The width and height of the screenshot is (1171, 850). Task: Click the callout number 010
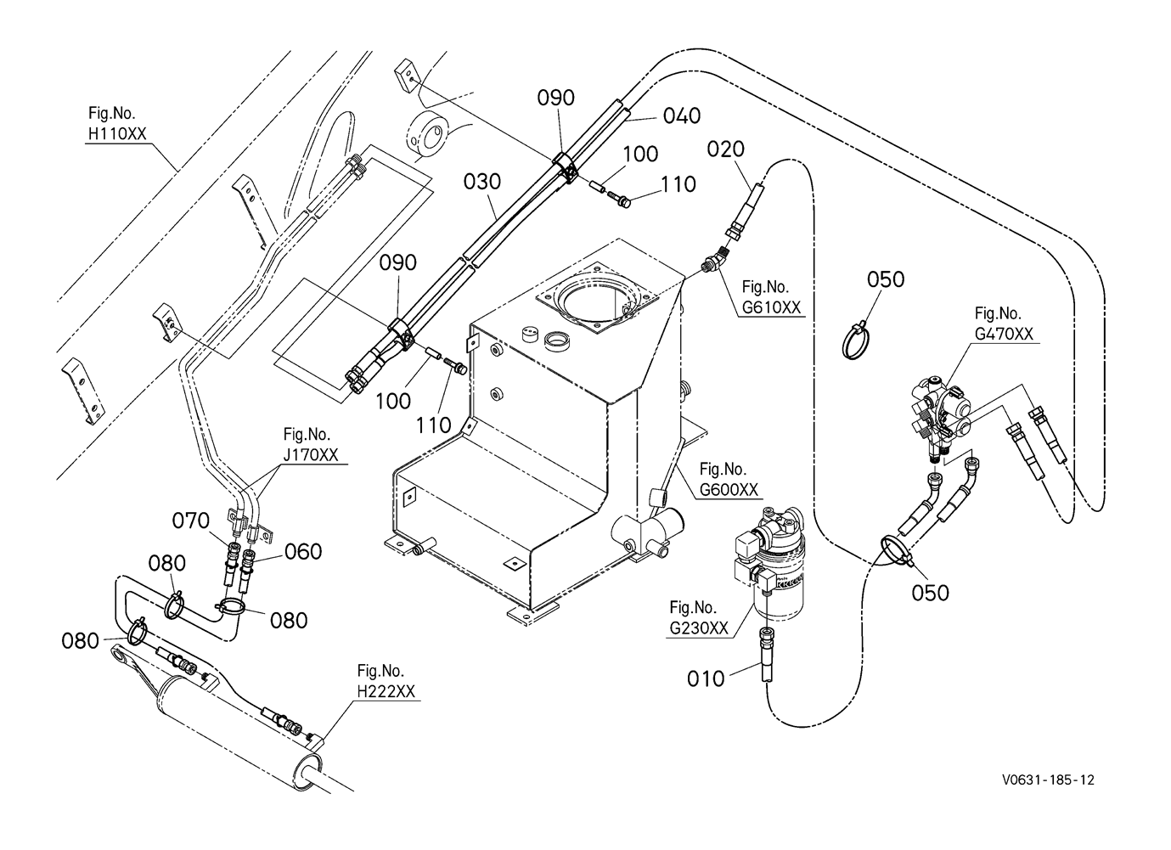click(707, 678)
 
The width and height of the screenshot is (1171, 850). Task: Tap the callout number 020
click(726, 149)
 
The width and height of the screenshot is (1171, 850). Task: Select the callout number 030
click(482, 182)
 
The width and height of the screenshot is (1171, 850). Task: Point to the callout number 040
click(682, 116)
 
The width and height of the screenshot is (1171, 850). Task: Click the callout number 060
click(304, 552)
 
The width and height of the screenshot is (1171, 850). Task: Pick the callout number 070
click(191, 521)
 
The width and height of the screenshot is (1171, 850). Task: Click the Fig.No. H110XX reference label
click(117, 124)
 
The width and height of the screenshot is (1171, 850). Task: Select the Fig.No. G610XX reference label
click(771, 298)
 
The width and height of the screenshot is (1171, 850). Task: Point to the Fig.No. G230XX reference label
click(699, 618)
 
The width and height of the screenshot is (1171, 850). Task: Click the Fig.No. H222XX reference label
click(386, 682)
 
